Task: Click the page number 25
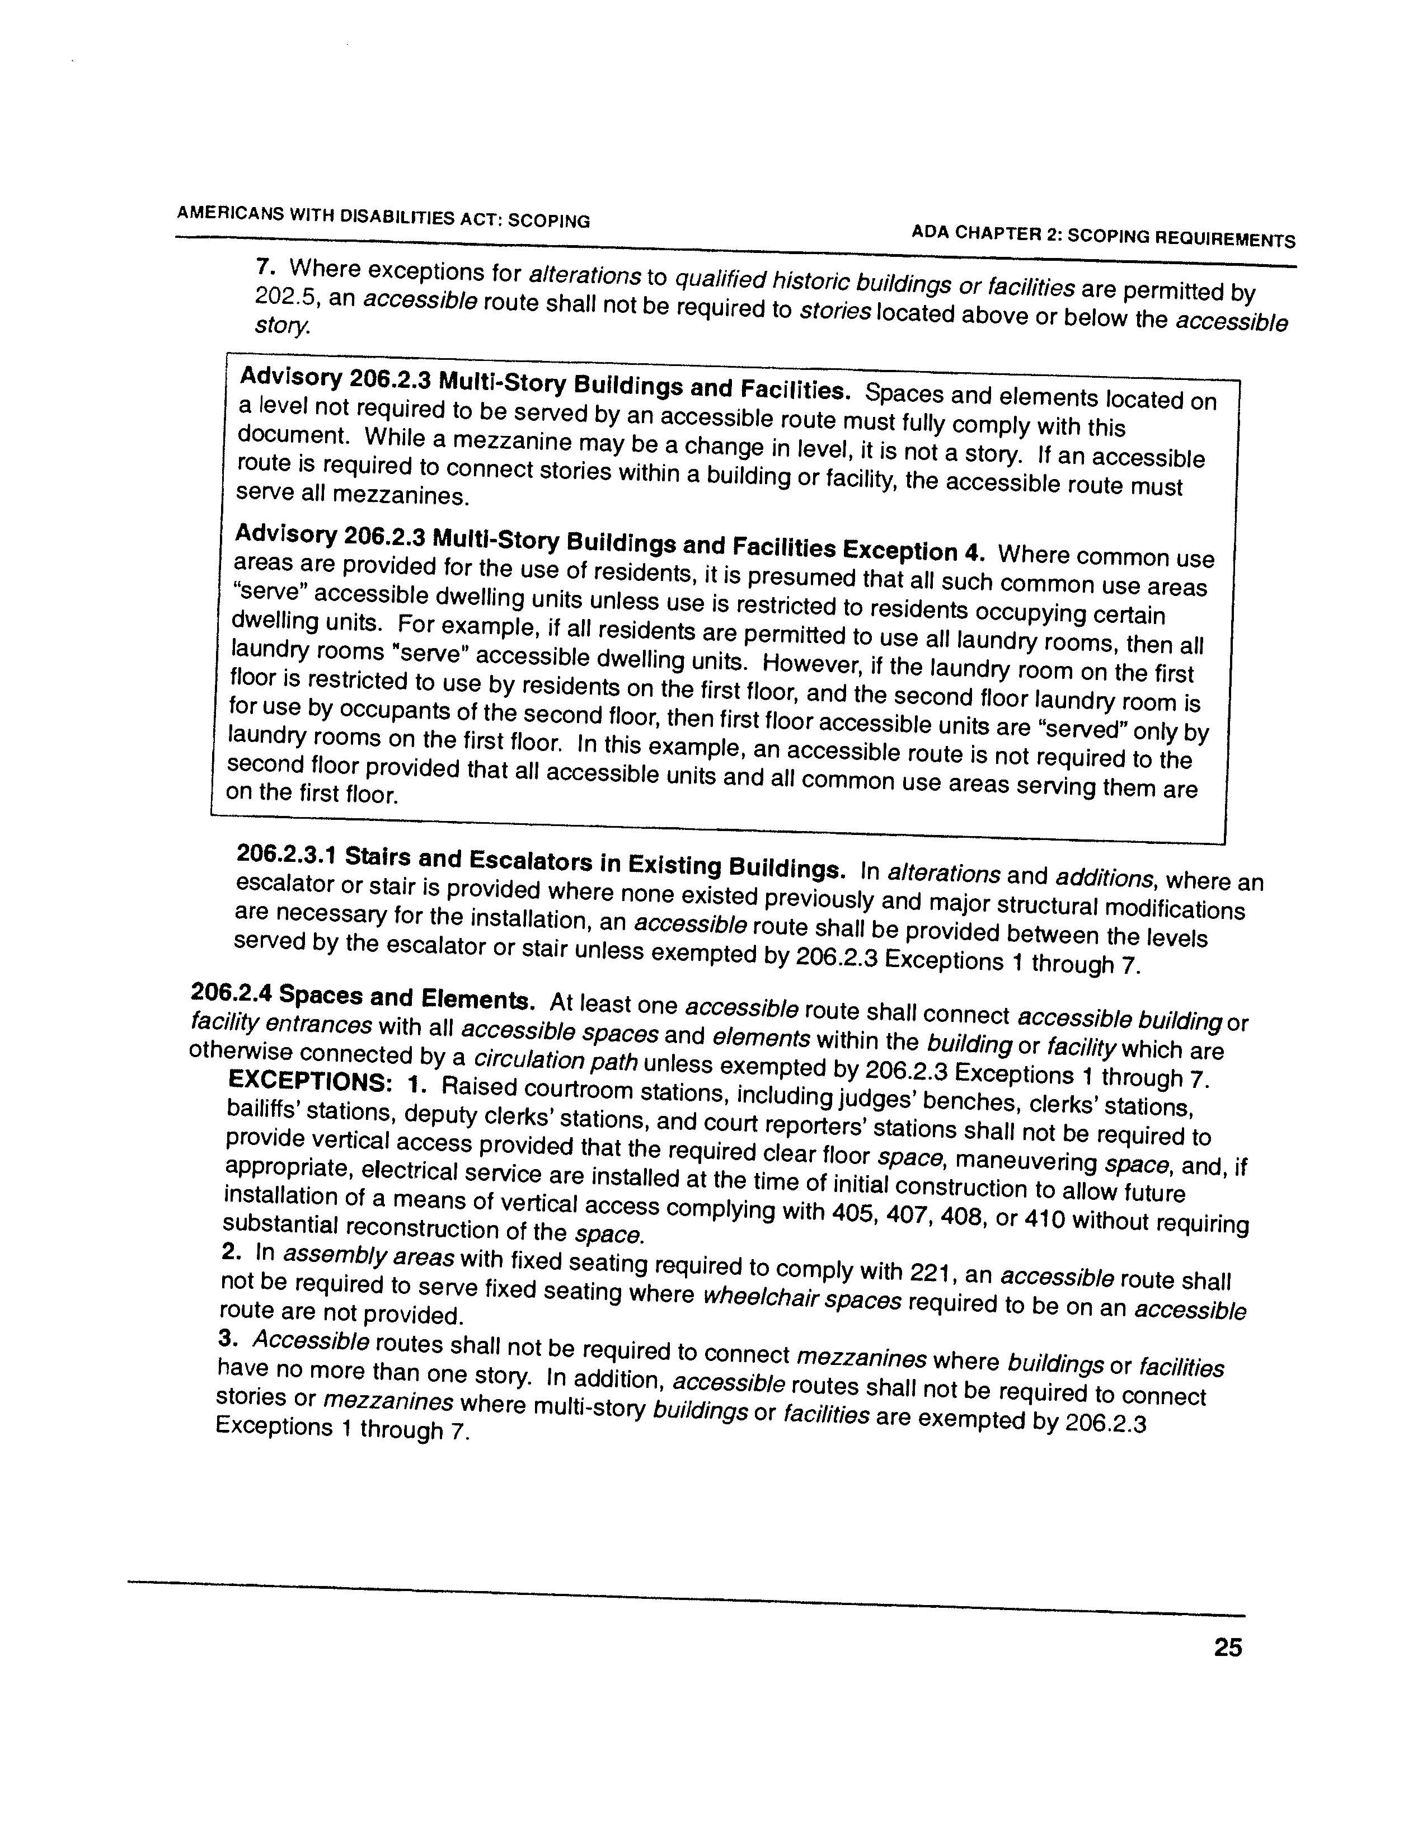click(1227, 1647)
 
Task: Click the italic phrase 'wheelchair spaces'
click(801, 1300)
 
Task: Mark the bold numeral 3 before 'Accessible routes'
click(224, 1338)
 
